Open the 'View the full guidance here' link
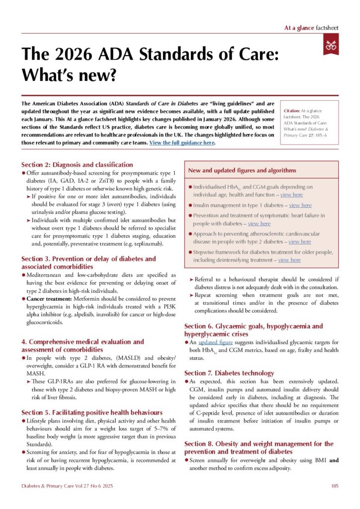(181, 143)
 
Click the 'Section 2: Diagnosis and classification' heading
(77, 165)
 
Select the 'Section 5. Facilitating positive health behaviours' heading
(91, 413)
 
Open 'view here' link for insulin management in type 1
(300, 205)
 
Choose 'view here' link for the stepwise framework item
(289, 260)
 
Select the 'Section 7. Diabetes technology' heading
(229, 373)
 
